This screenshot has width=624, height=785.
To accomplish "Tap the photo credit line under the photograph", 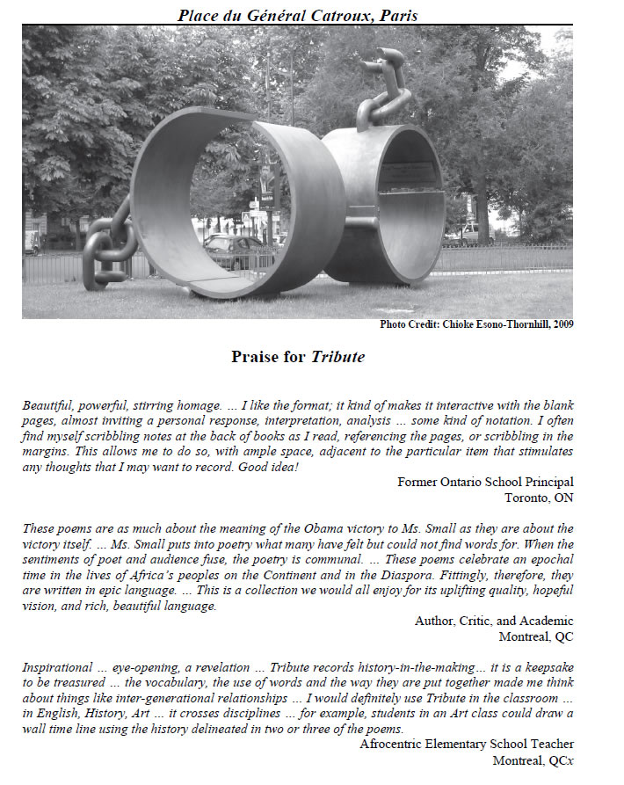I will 476,324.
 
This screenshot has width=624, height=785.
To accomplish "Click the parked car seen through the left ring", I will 229,251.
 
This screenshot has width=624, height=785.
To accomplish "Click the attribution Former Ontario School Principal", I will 485,482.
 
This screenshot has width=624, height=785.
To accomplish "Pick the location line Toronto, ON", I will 539,497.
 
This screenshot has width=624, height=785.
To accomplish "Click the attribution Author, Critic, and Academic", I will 494,621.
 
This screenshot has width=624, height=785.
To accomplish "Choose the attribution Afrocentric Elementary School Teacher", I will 467,745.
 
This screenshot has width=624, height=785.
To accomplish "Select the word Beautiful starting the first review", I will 49,405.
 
